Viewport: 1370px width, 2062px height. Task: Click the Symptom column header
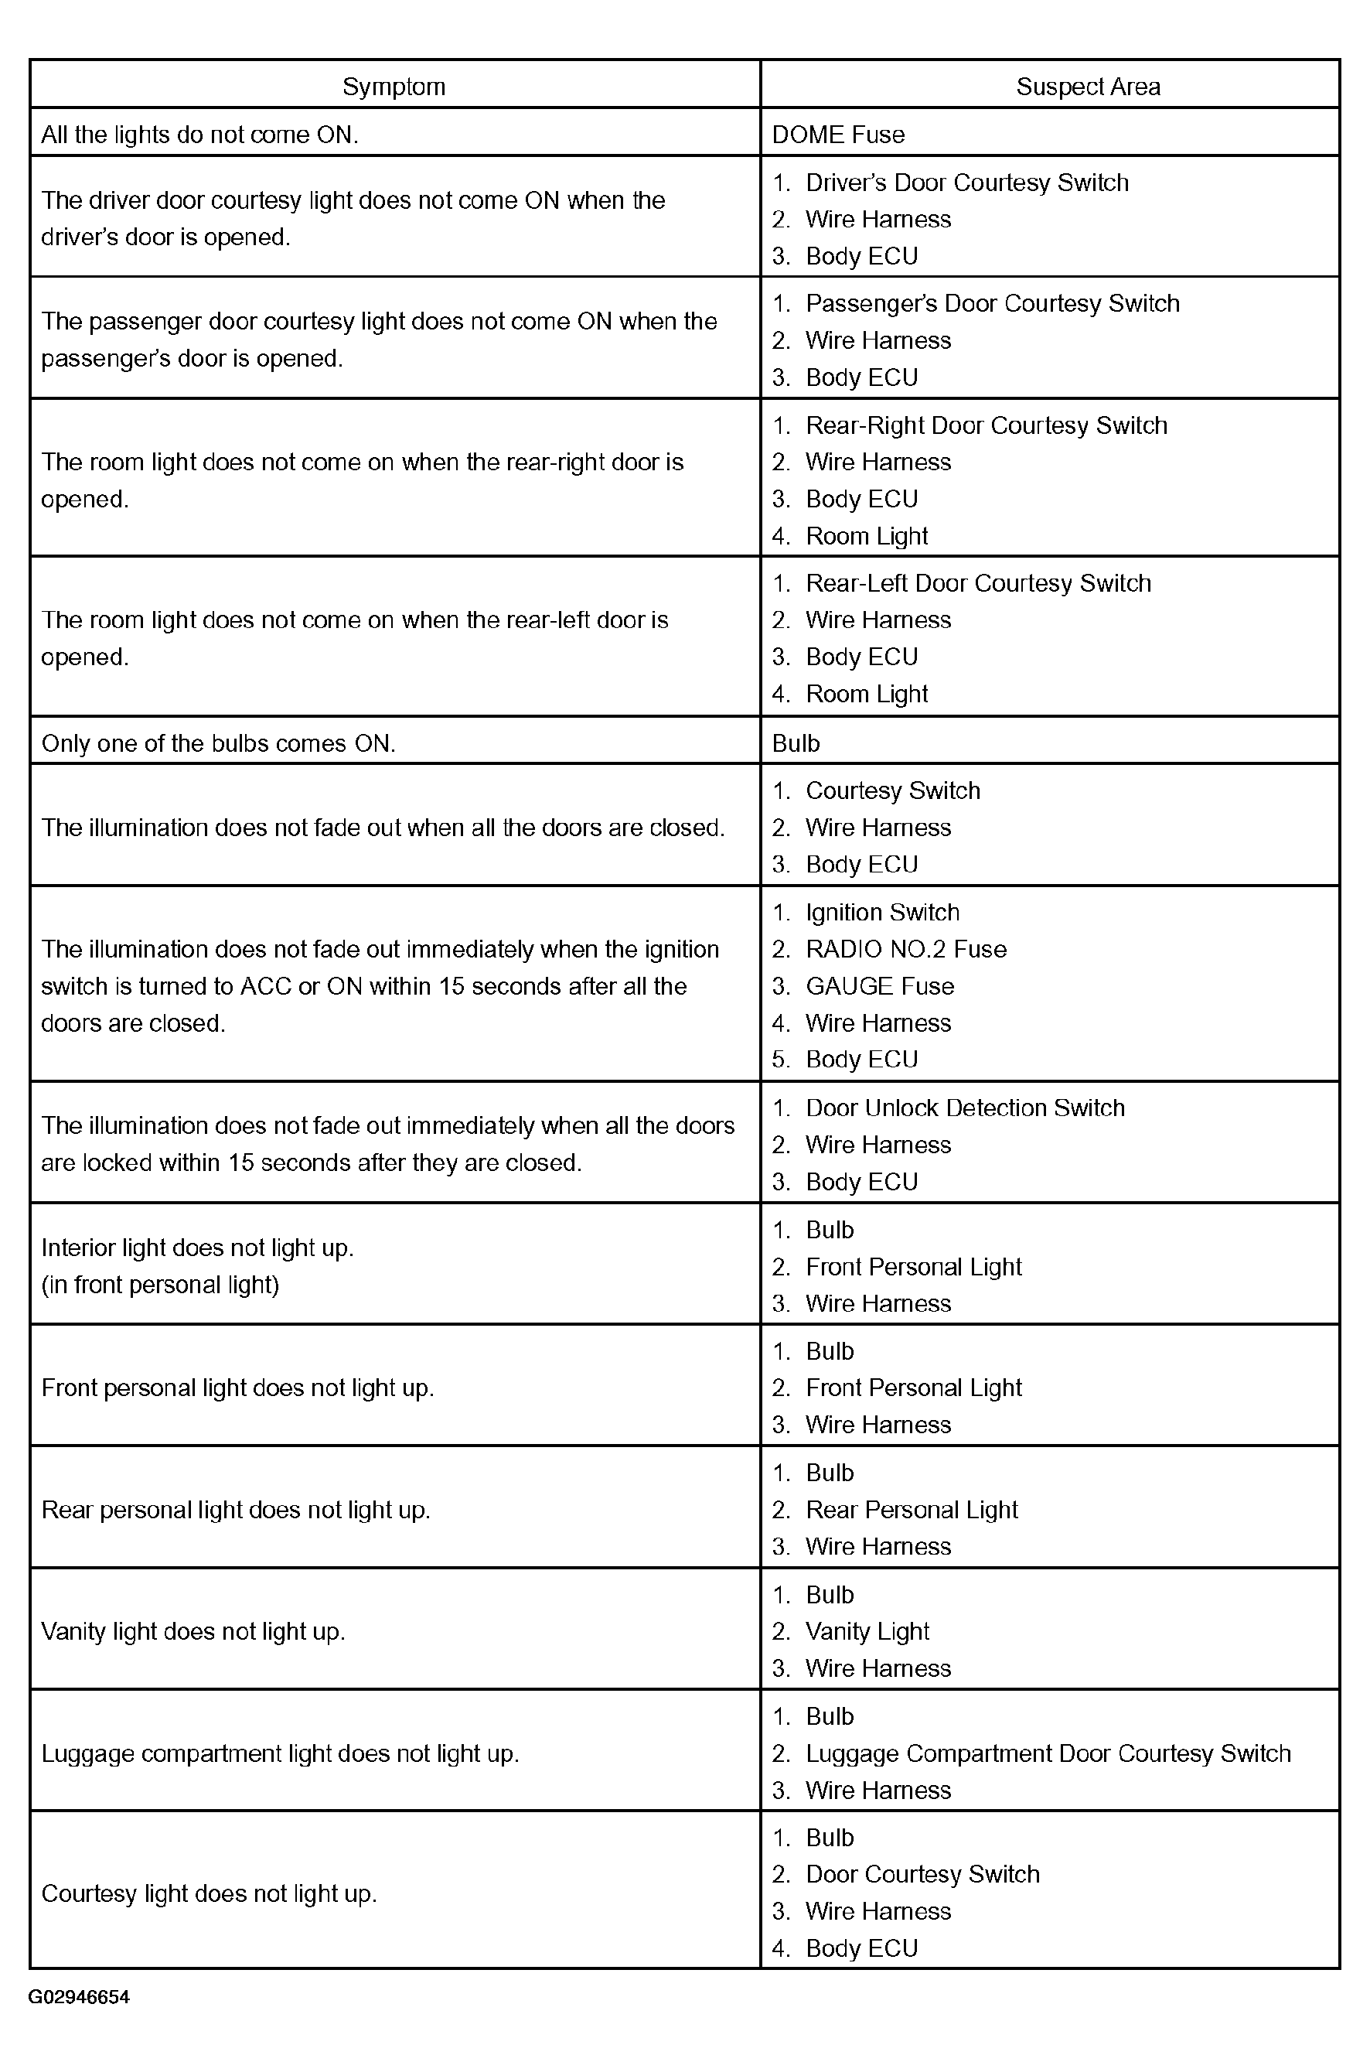click(x=394, y=87)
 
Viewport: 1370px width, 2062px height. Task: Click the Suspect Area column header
click(x=1088, y=87)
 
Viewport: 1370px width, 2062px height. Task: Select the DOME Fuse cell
click(x=838, y=135)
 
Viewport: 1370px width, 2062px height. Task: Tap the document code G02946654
click(x=79, y=1996)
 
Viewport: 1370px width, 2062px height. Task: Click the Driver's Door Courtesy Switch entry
click(x=966, y=183)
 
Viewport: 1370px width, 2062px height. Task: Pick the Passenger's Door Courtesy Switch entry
click(x=992, y=303)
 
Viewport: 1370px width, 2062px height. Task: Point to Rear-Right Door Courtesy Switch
click(x=986, y=425)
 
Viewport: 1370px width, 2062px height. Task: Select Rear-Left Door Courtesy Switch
click(x=978, y=583)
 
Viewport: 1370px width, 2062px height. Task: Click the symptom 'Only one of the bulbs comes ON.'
click(x=219, y=743)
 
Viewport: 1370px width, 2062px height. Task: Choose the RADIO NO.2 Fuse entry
click(x=905, y=949)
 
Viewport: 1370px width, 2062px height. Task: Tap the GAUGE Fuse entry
click(x=879, y=986)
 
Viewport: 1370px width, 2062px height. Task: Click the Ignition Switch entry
click(x=881, y=913)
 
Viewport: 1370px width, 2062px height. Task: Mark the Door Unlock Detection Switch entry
click(x=965, y=1108)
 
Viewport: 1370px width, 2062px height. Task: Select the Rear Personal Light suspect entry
click(x=912, y=1510)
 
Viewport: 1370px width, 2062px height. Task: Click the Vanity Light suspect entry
click(x=867, y=1631)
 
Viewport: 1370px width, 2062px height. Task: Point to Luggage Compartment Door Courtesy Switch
click(x=1048, y=1753)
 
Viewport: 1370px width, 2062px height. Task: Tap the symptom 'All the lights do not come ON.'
click(x=200, y=135)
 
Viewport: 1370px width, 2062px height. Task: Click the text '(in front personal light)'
click(x=161, y=1284)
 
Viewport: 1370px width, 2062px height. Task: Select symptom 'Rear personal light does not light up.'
click(x=236, y=1510)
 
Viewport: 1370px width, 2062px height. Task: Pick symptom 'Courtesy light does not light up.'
click(x=209, y=1893)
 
